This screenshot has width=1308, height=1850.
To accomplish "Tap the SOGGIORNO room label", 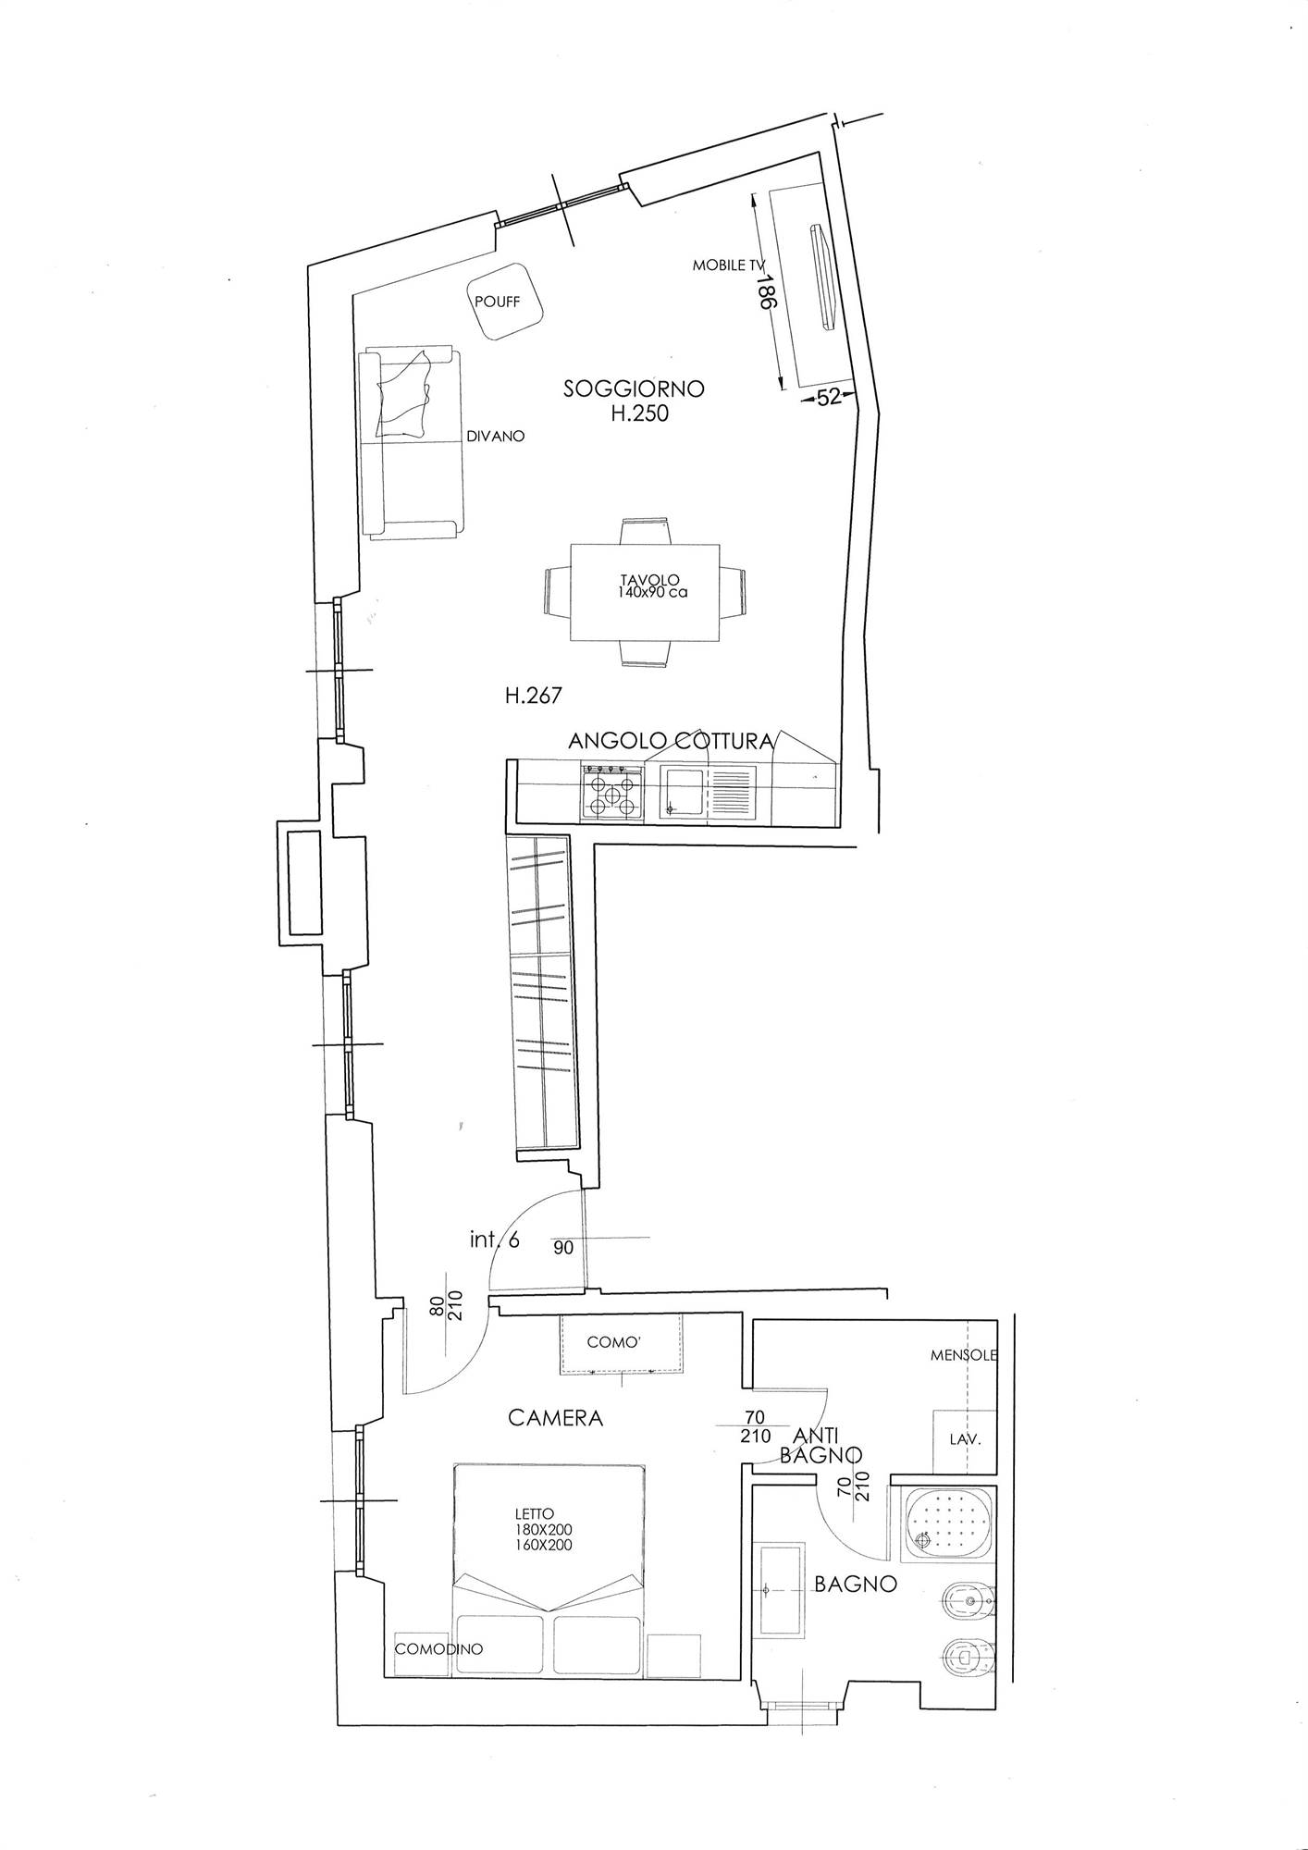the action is [634, 389].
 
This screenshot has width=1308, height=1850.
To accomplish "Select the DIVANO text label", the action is [495, 436].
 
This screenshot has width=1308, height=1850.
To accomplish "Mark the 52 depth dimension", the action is [829, 397].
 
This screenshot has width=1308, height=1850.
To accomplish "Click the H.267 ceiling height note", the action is [533, 696].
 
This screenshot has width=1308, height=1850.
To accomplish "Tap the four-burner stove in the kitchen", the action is [611, 792].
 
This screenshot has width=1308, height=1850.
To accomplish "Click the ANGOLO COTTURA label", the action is [671, 741].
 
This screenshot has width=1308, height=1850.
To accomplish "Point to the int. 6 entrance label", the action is [494, 1240].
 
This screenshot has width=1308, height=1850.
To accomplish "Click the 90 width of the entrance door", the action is [563, 1248].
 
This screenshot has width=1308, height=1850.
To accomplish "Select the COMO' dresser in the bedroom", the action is [621, 1343].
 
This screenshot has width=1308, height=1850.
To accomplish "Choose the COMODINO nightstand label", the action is [438, 1648].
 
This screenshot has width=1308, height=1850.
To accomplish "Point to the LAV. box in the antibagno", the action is [964, 1440].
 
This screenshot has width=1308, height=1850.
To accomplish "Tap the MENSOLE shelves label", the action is [964, 1355].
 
